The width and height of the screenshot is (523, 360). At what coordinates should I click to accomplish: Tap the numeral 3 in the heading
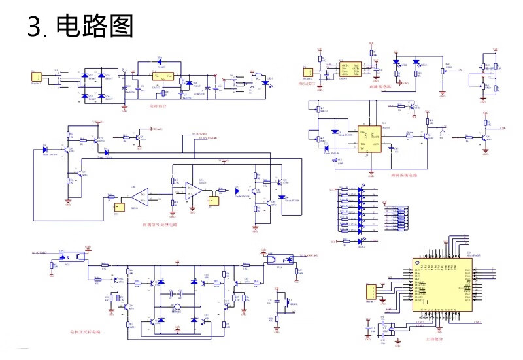(35, 27)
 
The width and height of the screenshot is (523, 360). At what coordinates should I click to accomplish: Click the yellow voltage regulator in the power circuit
(163, 77)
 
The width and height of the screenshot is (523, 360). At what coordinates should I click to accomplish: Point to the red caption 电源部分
(158, 105)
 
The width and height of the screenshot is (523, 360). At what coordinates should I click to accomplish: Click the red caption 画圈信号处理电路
(160, 224)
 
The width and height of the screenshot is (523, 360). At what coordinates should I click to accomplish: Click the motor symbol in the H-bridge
(176, 307)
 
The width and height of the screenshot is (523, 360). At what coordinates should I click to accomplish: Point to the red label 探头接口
(307, 84)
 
